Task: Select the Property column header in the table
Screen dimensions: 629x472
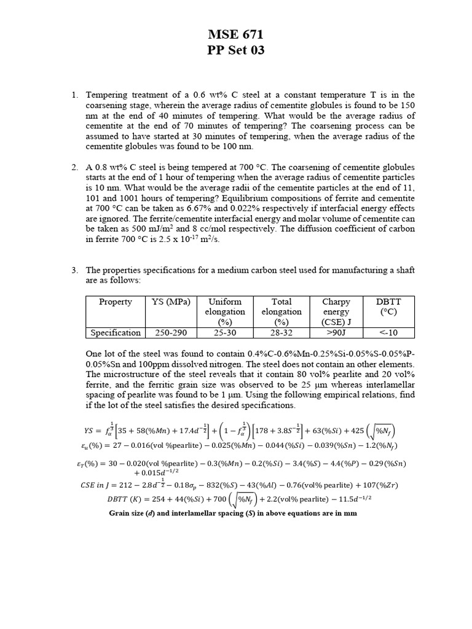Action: point(115,302)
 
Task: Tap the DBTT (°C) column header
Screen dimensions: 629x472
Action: point(388,307)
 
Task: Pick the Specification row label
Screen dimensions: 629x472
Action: point(116,332)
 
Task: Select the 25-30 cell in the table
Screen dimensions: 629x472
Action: point(225,332)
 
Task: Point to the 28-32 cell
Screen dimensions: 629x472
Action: point(281,332)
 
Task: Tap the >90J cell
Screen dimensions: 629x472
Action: point(336,332)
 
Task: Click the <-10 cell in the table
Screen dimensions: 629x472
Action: point(388,332)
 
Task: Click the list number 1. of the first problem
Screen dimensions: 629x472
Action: point(74,95)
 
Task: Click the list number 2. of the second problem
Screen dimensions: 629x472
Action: point(74,168)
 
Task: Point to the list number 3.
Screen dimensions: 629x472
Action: point(74,270)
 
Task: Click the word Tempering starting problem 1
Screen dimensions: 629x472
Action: point(106,95)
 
